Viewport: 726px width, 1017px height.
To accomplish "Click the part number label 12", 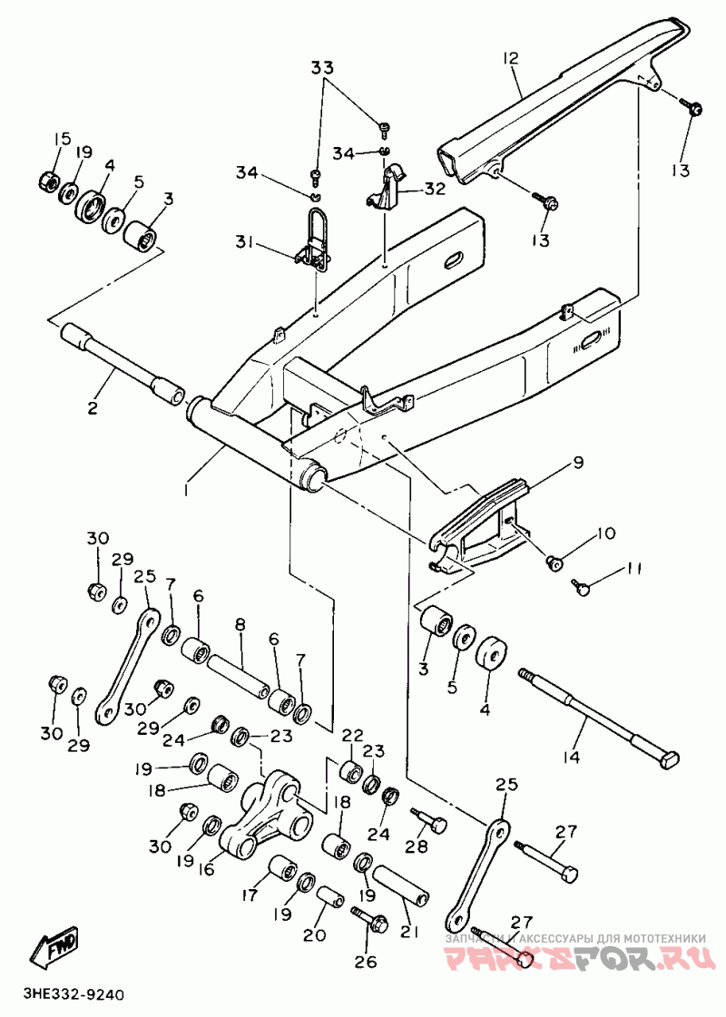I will click(x=511, y=58).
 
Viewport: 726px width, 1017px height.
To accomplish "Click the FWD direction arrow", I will click(x=55, y=944).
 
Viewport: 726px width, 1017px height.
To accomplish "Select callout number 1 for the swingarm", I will click(x=187, y=489).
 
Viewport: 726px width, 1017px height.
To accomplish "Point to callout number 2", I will click(x=93, y=407).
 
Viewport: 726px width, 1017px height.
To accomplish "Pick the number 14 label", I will click(x=572, y=754).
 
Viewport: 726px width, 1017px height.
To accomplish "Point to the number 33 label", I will click(x=323, y=68).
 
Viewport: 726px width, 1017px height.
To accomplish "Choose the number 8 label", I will click(x=240, y=624).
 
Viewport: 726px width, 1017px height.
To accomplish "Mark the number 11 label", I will click(x=633, y=569).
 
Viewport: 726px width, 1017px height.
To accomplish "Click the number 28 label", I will click(x=416, y=846).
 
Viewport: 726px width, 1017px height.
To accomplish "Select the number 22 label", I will click(x=352, y=734).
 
